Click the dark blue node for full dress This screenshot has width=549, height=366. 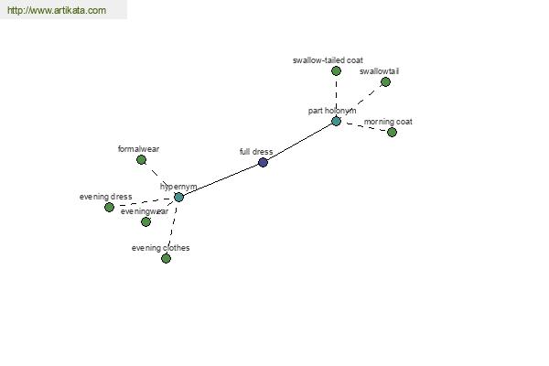[263, 162]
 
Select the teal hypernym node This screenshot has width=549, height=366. [179, 198]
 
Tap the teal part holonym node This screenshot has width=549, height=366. [336, 121]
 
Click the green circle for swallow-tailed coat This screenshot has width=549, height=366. [336, 71]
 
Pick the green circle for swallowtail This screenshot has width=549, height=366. [385, 82]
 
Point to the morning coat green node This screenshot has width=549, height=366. [393, 132]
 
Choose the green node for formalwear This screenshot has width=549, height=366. [142, 160]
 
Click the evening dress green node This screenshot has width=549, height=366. [109, 207]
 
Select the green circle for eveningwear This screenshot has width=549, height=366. [146, 221]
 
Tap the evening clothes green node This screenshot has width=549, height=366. [166, 258]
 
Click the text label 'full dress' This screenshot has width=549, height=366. [256, 152]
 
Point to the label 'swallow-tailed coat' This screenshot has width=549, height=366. [328, 60]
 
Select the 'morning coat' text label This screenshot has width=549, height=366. [388, 122]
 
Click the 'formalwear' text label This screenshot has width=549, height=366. [139, 149]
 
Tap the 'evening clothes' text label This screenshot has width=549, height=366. [161, 248]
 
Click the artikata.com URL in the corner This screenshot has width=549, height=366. [57, 10]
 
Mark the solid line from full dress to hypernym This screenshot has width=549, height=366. [221, 179]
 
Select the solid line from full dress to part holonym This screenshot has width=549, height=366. [299, 142]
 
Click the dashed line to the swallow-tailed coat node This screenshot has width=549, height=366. [336, 96]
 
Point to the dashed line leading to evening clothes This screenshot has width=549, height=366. [172, 228]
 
